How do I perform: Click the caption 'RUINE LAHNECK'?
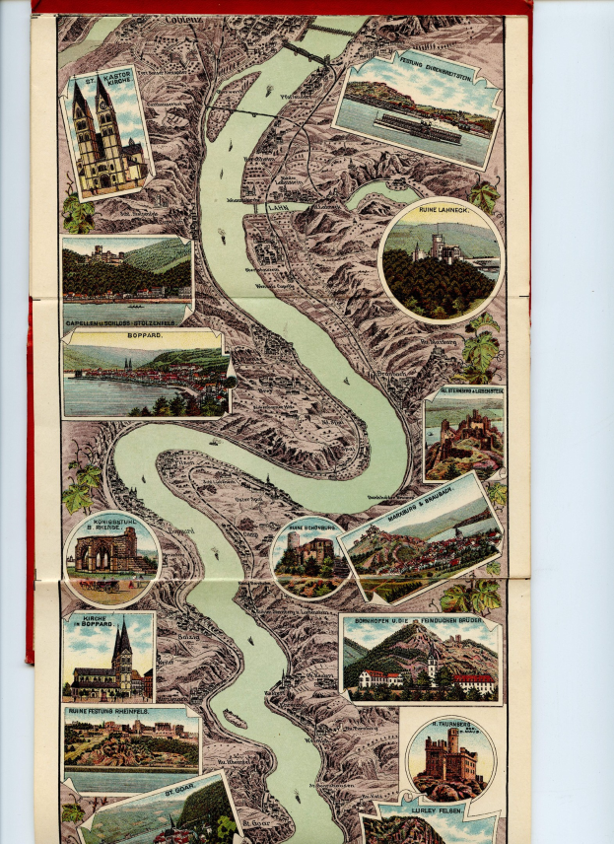441,211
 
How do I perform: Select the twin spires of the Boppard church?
121,646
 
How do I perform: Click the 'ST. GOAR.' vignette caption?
181,791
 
